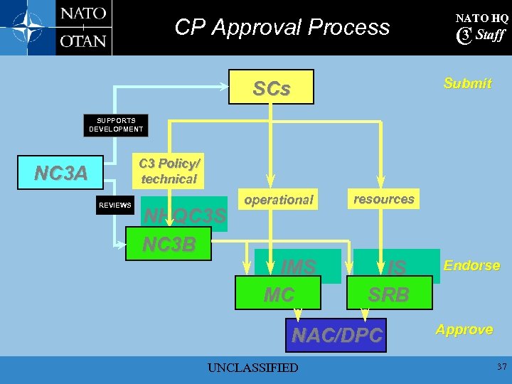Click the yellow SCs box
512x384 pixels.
tap(271, 87)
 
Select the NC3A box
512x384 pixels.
tap(62, 173)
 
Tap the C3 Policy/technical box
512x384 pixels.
tap(168, 171)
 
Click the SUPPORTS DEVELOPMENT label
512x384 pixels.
tap(116, 125)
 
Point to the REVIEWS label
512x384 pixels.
tap(115, 206)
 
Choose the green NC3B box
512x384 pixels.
tap(169, 244)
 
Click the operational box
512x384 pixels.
tap(278, 200)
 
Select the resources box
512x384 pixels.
tap(384, 199)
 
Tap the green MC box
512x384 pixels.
tap(278, 293)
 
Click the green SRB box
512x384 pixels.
tap(389, 293)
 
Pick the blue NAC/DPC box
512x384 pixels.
tap(337, 334)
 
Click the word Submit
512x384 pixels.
tap(467, 83)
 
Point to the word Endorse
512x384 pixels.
tap(471, 265)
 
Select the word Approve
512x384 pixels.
tap(464, 329)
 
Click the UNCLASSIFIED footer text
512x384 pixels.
tap(252, 368)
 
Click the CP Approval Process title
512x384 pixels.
tap(282, 27)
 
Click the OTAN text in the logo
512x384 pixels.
tap(83, 41)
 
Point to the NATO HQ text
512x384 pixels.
tap(481, 18)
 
